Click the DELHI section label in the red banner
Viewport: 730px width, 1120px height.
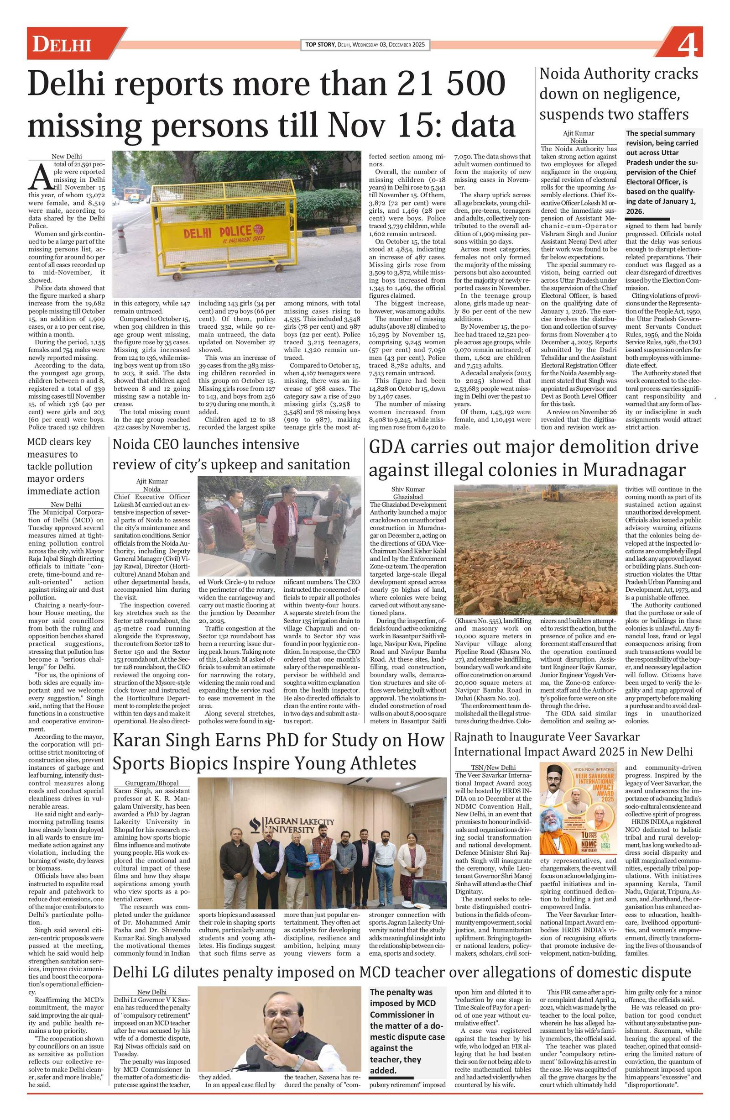pyautogui.click(x=61, y=45)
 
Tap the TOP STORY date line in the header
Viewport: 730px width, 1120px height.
pyautogui.click(x=365, y=45)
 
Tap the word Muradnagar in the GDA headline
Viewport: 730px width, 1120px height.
pyautogui.click(x=635, y=470)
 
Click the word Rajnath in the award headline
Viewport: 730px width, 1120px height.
pyautogui.click(x=476, y=737)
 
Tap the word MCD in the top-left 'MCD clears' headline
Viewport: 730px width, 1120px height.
pyautogui.click(x=37, y=442)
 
